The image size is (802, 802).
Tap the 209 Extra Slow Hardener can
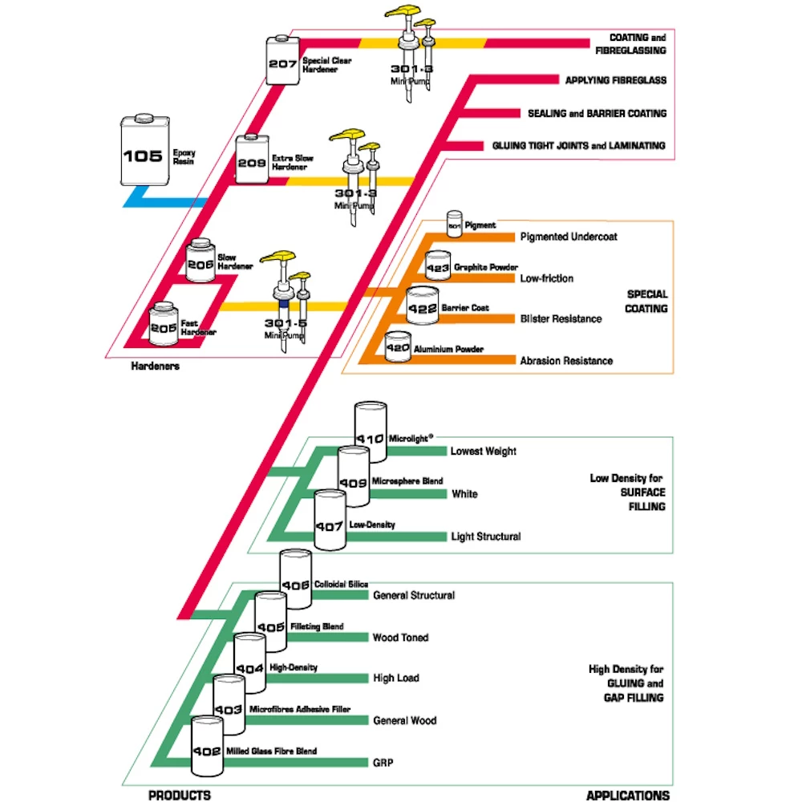pyautogui.click(x=251, y=161)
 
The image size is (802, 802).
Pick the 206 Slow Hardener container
pyautogui.click(x=200, y=260)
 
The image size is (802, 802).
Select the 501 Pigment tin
pyautogui.click(x=455, y=225)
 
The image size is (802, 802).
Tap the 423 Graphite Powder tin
pyautogui.click(x=438, y=266)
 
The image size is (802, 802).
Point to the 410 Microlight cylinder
pyautogui.click(x=371, y=433)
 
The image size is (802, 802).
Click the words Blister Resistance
pyautogui.click(x=561, y=319)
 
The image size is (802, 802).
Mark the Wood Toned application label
pyautogui.click(x=400, y=638)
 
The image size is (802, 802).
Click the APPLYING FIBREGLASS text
pyautogui.click(x=615, y=80)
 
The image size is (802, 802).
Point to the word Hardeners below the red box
pyautogui.click(x=156, y=367)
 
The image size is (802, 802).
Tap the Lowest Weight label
pyautogui.click(x=483, y=452)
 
